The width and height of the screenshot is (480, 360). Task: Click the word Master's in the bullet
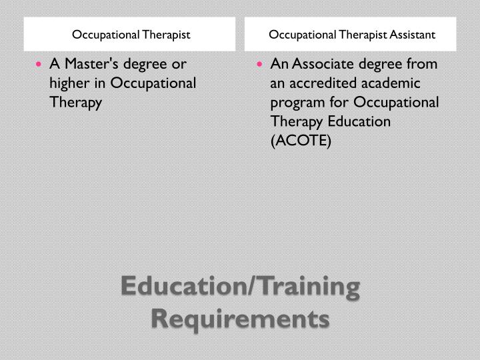pyautogui.click(x=91, y=64)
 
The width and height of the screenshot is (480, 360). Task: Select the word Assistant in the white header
pyautogui.click(x=413, y=35)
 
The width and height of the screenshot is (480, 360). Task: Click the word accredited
pyautogui.click(x=323, y=83)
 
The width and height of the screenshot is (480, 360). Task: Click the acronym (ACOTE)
pyautogui.click(x=301, y=141)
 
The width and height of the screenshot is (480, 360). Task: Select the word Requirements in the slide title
pyautogui.click(x=240, y=319)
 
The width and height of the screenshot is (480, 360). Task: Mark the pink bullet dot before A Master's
pyautogui.click(x=39, y=64)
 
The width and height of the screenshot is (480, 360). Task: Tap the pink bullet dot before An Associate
pyautogui.click(x=259, y=64)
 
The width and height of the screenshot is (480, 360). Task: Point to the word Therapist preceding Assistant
pyautogui.click(x=363, y=35)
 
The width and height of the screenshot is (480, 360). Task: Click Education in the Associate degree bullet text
pyautogui.click(x=359, y=121)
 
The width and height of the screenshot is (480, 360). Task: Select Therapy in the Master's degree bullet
pyautogui.click(x=75, y=103)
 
